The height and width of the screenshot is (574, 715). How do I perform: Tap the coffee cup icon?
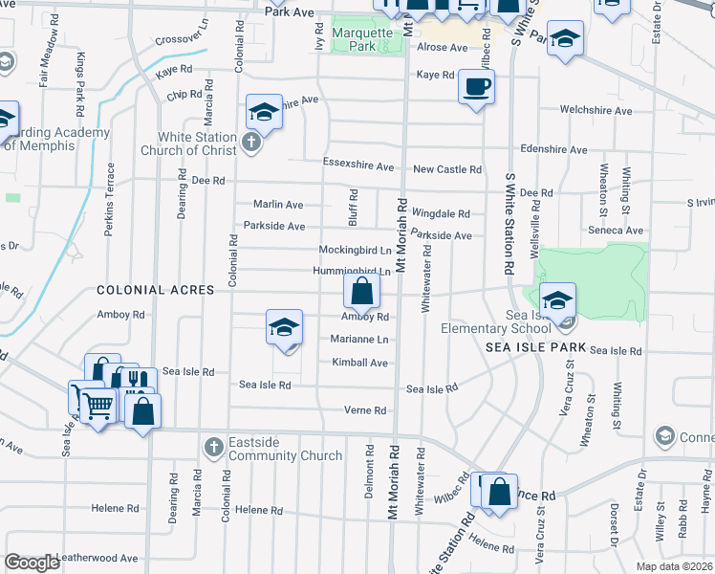click(476, 87)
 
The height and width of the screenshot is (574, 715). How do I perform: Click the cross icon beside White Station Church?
click(250, 143)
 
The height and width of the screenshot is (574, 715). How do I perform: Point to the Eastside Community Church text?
click(285, 449)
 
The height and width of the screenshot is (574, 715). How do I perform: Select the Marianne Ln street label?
click(359, 340)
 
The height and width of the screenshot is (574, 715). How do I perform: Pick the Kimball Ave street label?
click(359, 363)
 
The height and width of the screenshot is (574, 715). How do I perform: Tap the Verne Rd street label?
click(365, 410)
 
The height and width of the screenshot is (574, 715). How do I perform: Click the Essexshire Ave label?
click(358, 166)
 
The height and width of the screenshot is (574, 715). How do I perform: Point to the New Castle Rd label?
click(446, 169)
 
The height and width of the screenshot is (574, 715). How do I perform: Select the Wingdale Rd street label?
click(441, 213)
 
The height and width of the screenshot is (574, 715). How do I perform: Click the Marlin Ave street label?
click(277, 204)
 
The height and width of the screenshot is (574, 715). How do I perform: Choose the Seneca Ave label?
click(615, 231)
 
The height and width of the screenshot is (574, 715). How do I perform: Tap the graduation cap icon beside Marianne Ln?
click(284, 327)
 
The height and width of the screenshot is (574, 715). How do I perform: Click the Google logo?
click(32, 563)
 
